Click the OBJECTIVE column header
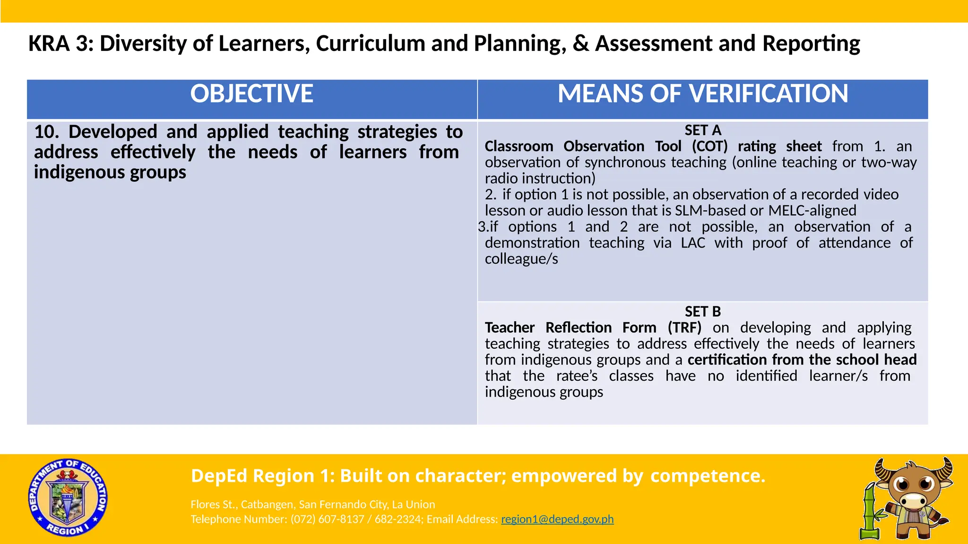(x=251, y=93)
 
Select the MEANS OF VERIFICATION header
(x=703, y=93)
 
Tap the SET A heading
(x=703, y=130)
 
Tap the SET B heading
(x=703, y=312)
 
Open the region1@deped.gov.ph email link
(x=557, y=519)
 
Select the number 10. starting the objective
(x=46, y=132)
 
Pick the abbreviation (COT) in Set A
(x=709, y=146)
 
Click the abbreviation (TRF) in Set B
(x=684, y=328)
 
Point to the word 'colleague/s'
(x=521, y=259)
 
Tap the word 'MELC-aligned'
(x=812, y=211)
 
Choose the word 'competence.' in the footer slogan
(x=708, y=476)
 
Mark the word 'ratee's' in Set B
(x=577, y=376)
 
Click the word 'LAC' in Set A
(x=692, y=243)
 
